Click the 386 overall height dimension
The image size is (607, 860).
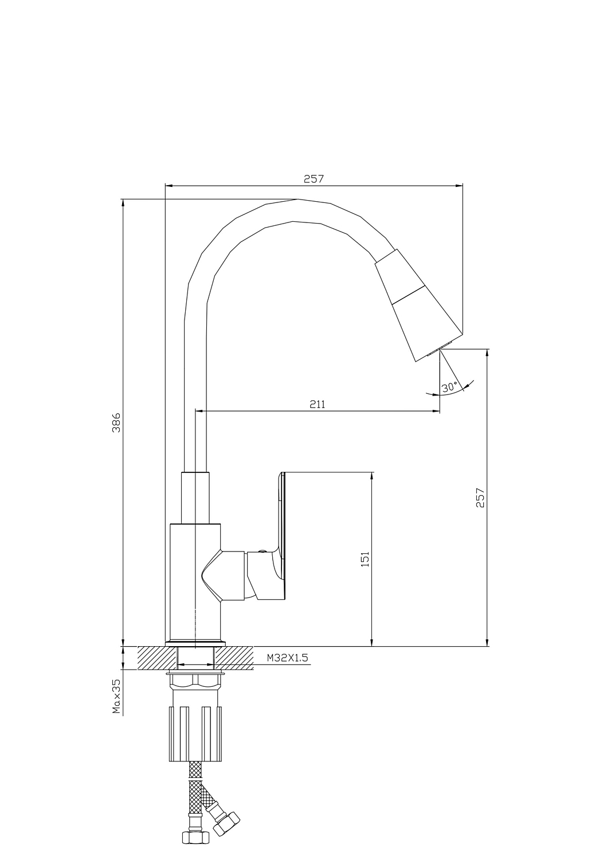116,423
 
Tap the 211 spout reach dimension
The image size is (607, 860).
318,404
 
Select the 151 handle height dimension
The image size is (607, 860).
365,559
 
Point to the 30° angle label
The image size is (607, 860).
449,387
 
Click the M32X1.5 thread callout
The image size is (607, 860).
288,658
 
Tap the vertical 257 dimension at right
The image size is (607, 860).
480,498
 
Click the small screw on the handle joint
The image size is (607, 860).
262,552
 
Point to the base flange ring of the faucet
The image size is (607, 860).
195,643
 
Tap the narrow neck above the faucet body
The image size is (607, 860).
195,498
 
